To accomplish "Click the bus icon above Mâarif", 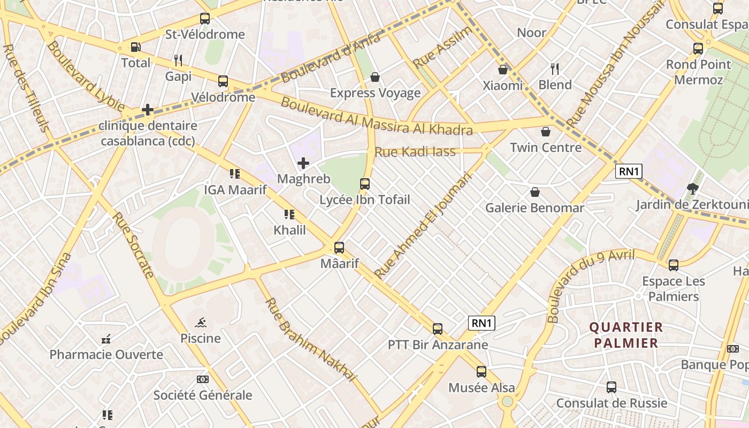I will [x=339, y=248].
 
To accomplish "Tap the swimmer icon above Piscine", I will [x=201, y=322].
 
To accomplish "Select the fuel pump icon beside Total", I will [x=136, y=47].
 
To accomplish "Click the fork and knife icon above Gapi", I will [x=178, y=60].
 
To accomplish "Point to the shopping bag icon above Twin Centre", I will [x=546, y=132].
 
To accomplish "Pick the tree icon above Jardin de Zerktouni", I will [x=693, y=188].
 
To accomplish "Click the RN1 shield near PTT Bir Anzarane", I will [x=481, y=323].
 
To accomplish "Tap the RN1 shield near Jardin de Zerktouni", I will [x=629, y=171].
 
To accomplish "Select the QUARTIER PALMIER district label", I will [x=626, y=335].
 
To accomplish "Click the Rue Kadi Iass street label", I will [x=415, y=152].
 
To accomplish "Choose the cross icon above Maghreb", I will [x=303, y=163].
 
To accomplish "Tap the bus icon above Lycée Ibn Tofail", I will [x=365, y=184].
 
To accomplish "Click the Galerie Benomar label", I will [x=534, y=208].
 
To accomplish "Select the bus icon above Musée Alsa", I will [x=481, y=372].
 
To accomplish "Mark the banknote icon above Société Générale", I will [x=203, y=379].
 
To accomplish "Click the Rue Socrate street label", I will [x=134, y=246].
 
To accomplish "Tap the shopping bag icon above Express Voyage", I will [x=375, y=78].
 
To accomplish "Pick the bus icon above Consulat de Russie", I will [x=612, y=387].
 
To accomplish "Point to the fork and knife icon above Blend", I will [x=555, y=69].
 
